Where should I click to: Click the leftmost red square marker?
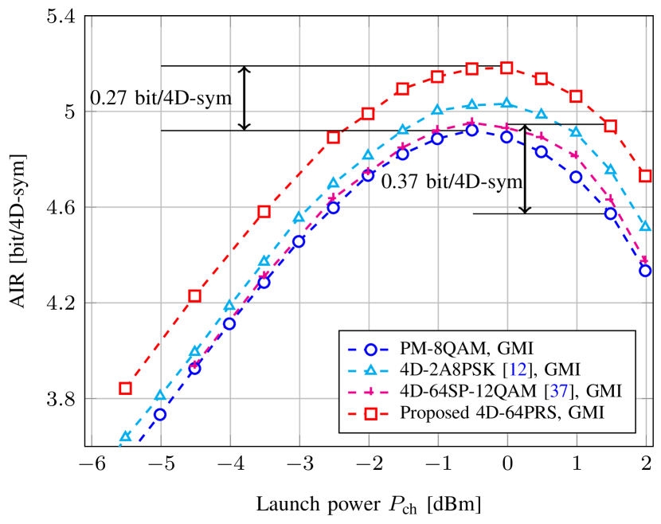coord(125,388)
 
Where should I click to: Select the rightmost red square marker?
coord(645,175)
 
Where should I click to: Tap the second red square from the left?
coord(194,295)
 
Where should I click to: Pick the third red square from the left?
coord(264,212)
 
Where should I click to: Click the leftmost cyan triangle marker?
coord(125,436)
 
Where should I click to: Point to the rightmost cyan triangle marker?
coord(645,227)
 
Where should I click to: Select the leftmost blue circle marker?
coord(160,414)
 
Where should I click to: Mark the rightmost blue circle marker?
coord(645,271)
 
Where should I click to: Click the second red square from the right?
coord(610,127)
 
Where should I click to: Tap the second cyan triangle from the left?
coord(160,395)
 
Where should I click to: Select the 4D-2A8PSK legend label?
coord(446,370)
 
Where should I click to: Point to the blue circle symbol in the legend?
coord(370,349)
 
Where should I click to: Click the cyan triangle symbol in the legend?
coord(370,370)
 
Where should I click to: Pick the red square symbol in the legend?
coord(370,413)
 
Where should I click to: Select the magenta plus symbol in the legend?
coord(370,392)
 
